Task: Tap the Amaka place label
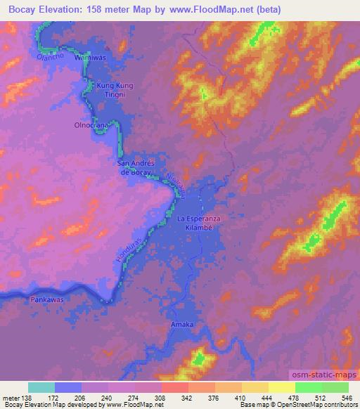181,324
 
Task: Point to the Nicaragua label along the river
178,182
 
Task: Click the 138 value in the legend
26,398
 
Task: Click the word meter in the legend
11,398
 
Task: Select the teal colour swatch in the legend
41,387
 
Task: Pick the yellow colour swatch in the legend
282,387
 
